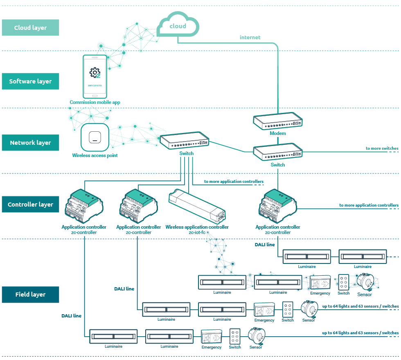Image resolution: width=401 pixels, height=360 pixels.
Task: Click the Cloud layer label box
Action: click(x=30, y=28)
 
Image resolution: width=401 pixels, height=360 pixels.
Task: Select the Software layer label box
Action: click(x=30, y=81)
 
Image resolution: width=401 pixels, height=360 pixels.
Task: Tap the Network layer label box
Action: click(x=30, y=143)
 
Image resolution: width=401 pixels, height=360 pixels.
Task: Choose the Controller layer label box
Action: click(x=30, y=204)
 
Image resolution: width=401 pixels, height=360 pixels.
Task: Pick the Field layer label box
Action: click(x=30, y=295)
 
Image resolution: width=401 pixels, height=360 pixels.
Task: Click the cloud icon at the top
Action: click(x=178, y=26)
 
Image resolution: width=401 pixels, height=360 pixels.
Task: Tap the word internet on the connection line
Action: click(x=250, y=37)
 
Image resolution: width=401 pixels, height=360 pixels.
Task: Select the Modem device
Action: click(x=277, y=121)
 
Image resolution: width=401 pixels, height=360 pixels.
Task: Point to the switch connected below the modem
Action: click(x=277, y=152)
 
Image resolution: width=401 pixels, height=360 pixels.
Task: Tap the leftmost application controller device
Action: click(x=83, y=207)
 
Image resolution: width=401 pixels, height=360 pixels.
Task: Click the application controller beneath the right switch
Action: click(x=277, y=207)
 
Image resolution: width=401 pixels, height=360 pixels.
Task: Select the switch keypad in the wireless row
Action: click(x=343, y=282)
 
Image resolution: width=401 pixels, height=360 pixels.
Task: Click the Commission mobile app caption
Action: click(x=95, y=102)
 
